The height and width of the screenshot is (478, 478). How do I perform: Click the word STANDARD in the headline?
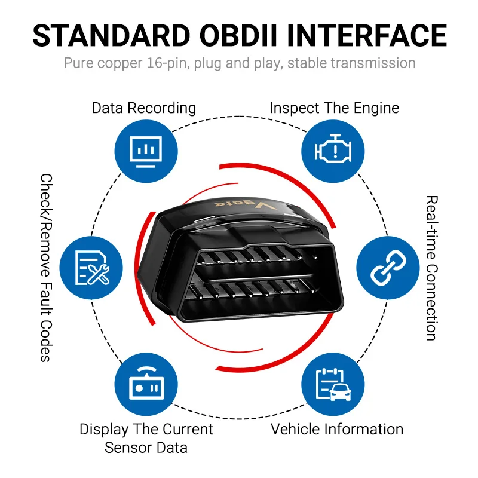point(111,36)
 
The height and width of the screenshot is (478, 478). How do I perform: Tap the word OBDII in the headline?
point(238,36)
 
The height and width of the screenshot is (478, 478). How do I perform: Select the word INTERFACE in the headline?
point(366,36)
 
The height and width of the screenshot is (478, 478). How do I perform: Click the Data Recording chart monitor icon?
point(146,152)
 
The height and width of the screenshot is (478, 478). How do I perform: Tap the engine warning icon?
point(333,148)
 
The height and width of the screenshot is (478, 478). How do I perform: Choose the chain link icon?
point(388,268)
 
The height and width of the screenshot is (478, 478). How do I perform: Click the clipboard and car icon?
point(333,384)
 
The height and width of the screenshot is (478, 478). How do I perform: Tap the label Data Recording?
point(144,108)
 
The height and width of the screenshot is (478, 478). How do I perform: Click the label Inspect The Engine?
point(334,108)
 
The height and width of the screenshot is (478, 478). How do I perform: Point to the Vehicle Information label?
point(337,429)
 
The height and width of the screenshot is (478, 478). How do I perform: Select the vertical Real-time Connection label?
point(431,268)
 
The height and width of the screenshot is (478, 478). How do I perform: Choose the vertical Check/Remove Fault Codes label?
point(47,268)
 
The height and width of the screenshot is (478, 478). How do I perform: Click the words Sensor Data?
point(146,448)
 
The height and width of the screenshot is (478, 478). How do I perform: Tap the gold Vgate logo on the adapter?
point(246,204)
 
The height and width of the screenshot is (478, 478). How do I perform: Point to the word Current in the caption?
point(188,429)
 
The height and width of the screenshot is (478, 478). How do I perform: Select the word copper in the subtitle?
point(120,64)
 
